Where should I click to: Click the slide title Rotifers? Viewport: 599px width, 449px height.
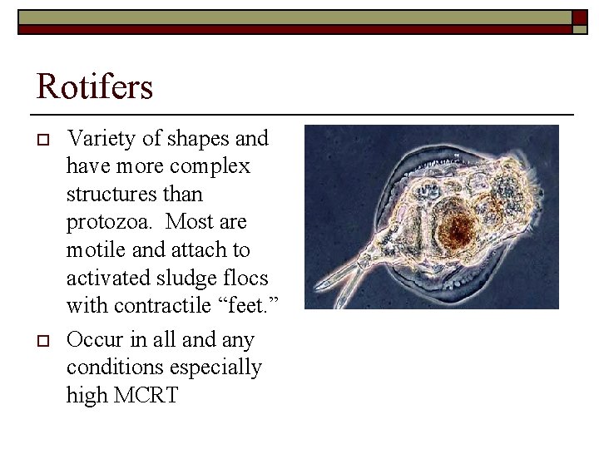(94, 86)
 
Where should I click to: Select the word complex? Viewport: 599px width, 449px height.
(211, 166)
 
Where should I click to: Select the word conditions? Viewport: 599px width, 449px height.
(111, 368)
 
